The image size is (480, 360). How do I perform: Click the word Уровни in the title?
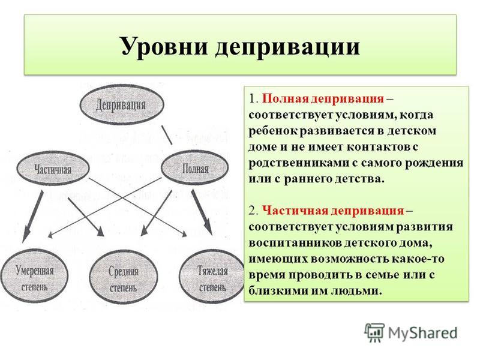pyautogui.click(x=164, y=47)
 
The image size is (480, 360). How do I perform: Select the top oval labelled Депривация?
pyautogui.click(x=122, y=104)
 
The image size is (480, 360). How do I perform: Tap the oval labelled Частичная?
pyautogui.click(x=53, y=169)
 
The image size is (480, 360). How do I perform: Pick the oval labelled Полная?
pyautogui.click(x=194, y=168)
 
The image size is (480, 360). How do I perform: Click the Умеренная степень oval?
pyautogui.click(x=34, y=277)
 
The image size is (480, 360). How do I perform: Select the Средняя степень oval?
pyautogui.click(x=124, y=277)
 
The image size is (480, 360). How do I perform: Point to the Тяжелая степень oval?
pyautogui.click(x=212, y=277)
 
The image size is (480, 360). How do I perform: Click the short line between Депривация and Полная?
pyautogui.click(x=167, y=134)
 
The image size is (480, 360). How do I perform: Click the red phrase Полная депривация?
pyautogui.click(x=323, y=98)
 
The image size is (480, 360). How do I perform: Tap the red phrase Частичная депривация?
pyautogui.click(x=334, y=211)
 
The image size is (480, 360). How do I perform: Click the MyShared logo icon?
pyautogui.click(x=374, y=332)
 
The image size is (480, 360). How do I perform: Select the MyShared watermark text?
pyautogui.click(x=423, y=333)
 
